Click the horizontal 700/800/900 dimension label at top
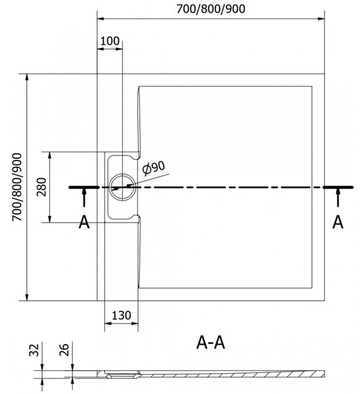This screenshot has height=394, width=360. (211, 9)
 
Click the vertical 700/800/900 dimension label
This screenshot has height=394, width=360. (17, 187)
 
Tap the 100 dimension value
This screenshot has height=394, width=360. (110, 41)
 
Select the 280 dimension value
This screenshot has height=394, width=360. (41, 187)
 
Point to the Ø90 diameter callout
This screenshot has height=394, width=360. (154, 167)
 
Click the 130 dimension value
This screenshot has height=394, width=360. (122, 315)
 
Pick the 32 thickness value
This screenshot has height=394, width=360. (34, 350)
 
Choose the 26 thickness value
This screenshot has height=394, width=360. (64, 350)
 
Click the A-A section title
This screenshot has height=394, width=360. (210, 343)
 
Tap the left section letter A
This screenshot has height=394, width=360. (84, 223)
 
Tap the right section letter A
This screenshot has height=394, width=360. (338, 223)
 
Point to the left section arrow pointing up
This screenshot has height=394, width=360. (84, 198)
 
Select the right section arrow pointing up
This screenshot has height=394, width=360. (338, 198)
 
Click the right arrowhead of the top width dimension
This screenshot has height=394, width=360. (321, 18)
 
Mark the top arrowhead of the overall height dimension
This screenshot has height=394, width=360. (27, 77)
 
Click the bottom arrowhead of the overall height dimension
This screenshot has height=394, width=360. (27, 297)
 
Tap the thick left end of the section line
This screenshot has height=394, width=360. (84, 187)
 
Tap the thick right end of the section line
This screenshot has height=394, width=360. (338, 187)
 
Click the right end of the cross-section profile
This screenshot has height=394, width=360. (324, 374)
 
